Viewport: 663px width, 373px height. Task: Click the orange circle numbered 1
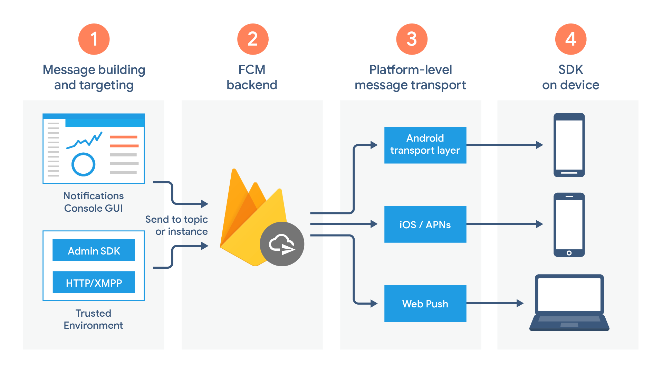click(94, 39)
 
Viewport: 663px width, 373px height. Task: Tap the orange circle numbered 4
click(570, 39)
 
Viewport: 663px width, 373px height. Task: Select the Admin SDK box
click(94, 250)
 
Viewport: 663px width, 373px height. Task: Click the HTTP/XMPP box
click(94, 282)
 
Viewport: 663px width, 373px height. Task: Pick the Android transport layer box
click(425, 145)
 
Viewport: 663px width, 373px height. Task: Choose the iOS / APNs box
click(425, 224)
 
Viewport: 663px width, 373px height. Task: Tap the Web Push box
click(425, 303)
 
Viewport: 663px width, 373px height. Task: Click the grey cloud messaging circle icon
click(282, 244)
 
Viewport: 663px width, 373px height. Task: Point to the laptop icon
click(569, 302)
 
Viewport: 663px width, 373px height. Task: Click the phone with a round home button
click(569, 224)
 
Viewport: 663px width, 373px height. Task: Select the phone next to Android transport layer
click(569, 145)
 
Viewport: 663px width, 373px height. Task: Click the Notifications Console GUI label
click(93, 202)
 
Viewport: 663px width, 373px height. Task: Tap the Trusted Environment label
click(93, 319)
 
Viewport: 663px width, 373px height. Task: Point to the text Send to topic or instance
click(176, 225)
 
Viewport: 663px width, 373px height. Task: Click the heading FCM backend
click(252, 77)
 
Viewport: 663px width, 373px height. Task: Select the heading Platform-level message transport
click(410, 77)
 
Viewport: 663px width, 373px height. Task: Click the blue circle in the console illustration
click(83, 164)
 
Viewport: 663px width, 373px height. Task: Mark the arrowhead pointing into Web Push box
click(374, 304)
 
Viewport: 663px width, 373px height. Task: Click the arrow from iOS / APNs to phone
click(504, 224)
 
